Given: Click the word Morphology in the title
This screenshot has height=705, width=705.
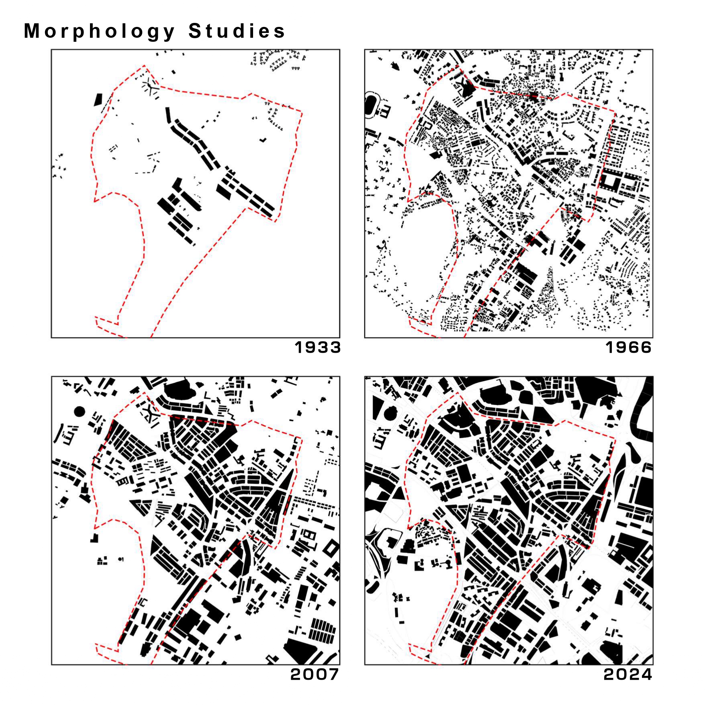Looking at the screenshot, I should click(99, 32).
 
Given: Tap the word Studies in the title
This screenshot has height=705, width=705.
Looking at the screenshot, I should click(237, 31).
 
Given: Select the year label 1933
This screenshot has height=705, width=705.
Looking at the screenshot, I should click(317, 347).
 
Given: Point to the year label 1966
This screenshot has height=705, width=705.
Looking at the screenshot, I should click(628, 347).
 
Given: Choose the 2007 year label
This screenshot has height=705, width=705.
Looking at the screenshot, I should click(315, 674).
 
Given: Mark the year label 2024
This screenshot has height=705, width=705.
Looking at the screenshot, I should click(627, 674).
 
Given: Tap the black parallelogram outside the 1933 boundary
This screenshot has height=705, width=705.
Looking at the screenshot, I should click(98, 100).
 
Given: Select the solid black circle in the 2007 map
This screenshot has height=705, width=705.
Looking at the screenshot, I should click(79, 411).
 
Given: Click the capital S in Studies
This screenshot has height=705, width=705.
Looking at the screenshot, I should click(195, 31).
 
